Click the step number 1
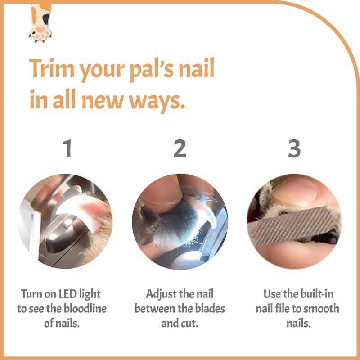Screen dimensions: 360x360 [x=67, y=149]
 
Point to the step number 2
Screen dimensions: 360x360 [x=180, y=149]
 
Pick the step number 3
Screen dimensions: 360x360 [x=294, y=149]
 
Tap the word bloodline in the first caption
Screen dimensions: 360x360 [x=81, y=309]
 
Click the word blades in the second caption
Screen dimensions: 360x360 [x=208, y=309]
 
